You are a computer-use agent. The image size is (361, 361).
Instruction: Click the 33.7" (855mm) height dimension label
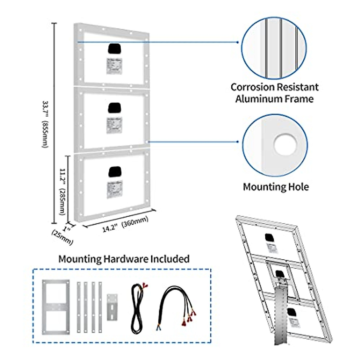(x=45, y=124)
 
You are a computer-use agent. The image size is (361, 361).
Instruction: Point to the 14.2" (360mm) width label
(x=125, y=224)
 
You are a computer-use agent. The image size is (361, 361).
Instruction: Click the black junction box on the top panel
(x=114, y=49)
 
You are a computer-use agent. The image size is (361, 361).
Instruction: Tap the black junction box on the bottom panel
(x=115, y=171)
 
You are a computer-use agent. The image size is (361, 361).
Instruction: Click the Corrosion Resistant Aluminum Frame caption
(x=274, y=93)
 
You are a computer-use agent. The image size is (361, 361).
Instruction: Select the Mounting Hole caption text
(x=276, y=187)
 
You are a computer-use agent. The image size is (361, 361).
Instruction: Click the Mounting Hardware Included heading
(x=124, y=259)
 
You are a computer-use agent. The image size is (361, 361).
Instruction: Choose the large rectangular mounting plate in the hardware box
(x=56, y=307)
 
